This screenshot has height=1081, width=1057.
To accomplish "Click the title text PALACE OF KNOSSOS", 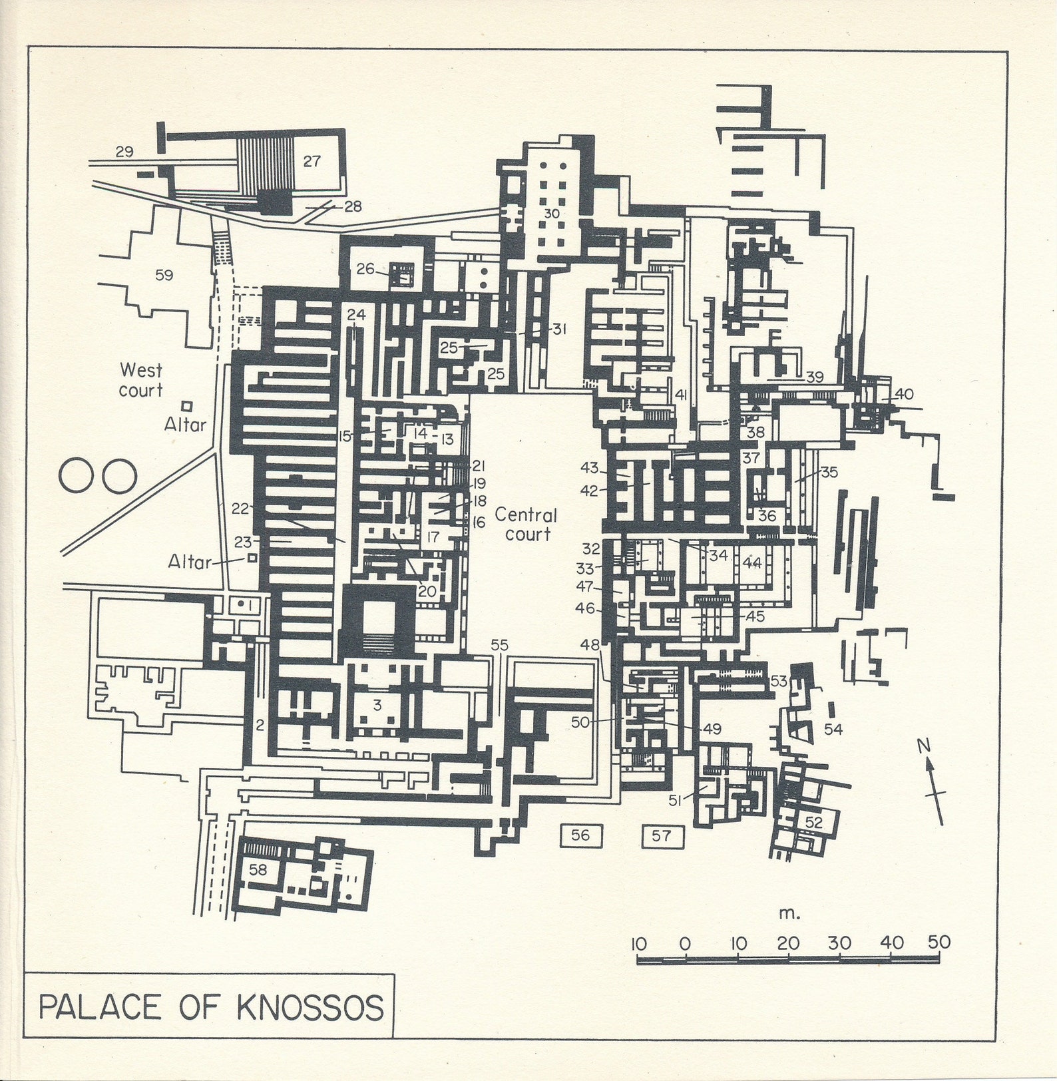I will [211, 1007].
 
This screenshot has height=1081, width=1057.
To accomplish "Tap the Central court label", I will [526, 525].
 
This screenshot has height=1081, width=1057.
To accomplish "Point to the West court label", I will [140, 380].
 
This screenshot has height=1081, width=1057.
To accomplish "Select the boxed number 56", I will [580, 835].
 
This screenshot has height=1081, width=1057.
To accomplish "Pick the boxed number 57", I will [662, 835].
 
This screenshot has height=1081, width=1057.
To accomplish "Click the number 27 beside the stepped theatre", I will [312, 161].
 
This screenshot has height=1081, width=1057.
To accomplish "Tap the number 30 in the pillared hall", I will [552, 214].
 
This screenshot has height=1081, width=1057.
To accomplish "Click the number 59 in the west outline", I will [164, 275].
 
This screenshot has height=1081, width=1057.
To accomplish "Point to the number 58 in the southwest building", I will [258, 869].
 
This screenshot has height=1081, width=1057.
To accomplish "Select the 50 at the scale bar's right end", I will [939, 943].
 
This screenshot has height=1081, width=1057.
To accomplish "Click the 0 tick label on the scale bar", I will [685, 944].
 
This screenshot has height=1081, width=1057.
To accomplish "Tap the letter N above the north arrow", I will [924, 746].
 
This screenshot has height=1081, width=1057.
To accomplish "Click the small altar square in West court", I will [187, 405].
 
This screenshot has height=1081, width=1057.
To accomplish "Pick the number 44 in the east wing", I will [752, 563].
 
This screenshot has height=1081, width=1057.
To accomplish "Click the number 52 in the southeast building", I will [814, 822].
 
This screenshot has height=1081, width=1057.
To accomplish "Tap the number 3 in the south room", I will [377, 706].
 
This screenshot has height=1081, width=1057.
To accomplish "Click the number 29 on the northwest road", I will [124, 152].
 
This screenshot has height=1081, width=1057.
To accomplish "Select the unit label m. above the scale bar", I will [789, 913].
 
